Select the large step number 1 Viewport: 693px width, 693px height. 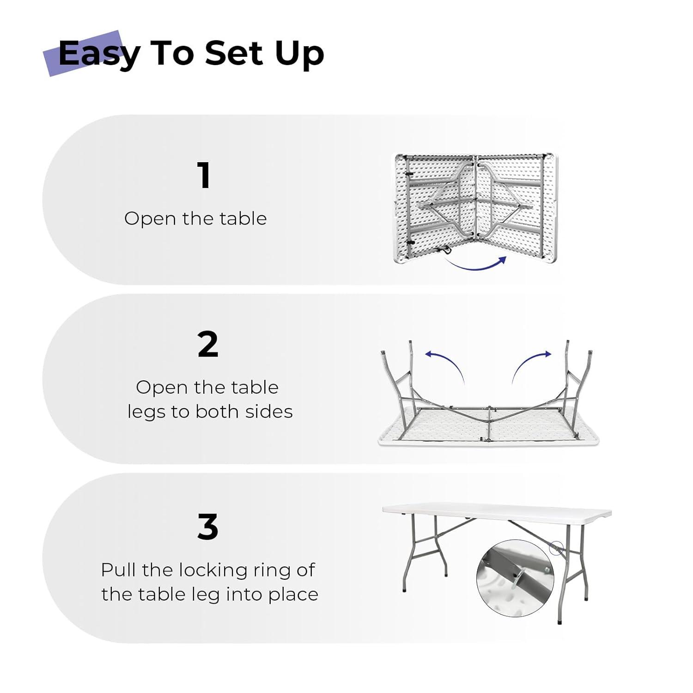(204, 176)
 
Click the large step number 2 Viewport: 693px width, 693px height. (207, 345)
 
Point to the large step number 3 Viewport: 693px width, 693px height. (207, 527)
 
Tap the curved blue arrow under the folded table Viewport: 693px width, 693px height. (476, 264)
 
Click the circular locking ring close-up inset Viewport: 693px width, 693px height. (515, 577)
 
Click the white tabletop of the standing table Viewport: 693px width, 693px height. (497, 513)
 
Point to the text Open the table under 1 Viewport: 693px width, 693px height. (195, 219)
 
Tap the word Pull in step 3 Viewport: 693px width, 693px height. (119, 570)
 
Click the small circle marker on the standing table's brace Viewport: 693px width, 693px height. (556, 548)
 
